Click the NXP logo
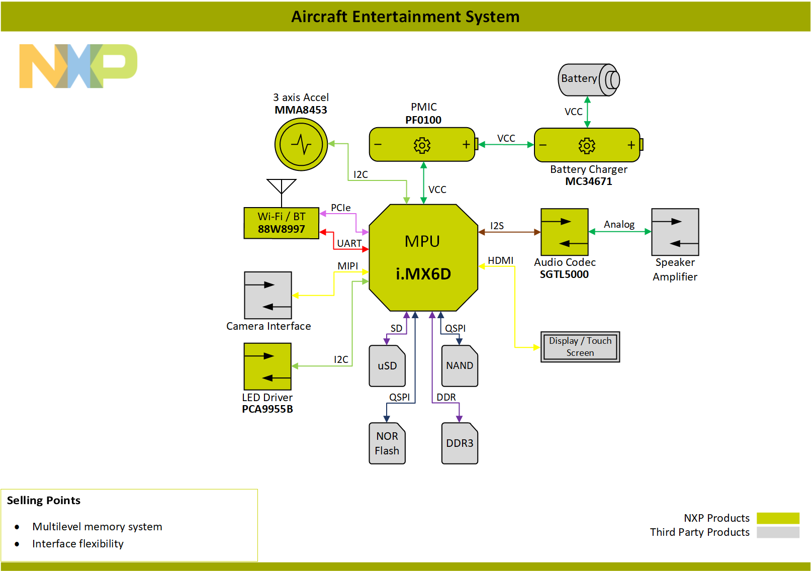(78, 66)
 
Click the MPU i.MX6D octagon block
(423, 257)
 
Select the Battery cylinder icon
(587, 79)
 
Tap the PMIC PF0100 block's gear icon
(422, 145)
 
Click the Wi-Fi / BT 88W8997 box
(281, 223)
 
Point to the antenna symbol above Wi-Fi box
(282, 186)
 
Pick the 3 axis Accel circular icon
(301, 145)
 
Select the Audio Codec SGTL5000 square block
(564, 232)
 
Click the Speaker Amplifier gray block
(675, 232)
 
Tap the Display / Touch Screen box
(580, 347)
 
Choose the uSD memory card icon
(387, 366)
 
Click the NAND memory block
(460, 366)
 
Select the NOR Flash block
(387, 443)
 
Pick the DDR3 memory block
(460, 443)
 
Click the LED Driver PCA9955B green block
(267, 366)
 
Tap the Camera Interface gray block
(268, 295)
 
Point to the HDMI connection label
(500, 260)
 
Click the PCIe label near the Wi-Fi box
(340, 208)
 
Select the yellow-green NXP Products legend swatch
(778, 518)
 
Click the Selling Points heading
(44, 500)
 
